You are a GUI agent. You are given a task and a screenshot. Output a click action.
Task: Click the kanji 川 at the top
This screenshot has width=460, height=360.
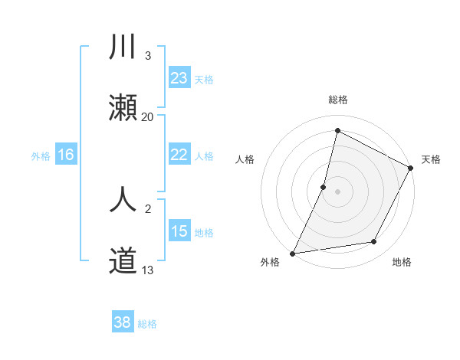tap(123, 47)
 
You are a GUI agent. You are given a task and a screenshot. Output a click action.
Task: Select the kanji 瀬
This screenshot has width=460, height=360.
tap(123, 108)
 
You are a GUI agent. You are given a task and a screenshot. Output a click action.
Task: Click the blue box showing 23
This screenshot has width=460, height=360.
tap(179, 78)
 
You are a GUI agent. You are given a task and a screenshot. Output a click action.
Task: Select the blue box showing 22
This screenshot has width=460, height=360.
tap(179, 155)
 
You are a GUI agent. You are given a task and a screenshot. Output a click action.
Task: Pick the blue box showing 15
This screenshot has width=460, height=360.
tap(179, 231)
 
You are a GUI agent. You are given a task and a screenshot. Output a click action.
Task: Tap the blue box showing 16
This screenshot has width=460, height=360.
tap(65, 155)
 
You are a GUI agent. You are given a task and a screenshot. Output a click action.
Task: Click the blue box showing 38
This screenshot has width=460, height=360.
tap(123, 322)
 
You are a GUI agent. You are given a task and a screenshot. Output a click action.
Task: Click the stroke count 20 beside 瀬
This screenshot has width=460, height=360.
tap(147, 116)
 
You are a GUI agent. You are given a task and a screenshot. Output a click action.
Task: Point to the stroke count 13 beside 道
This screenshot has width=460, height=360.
tap(147, 270)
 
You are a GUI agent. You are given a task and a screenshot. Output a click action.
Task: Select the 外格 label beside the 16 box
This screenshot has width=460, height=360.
tap(41, 155)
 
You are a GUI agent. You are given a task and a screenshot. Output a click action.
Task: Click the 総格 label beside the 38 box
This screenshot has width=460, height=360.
tap(147, 324)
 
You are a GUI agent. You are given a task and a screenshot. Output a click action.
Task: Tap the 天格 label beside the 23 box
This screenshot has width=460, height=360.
tap(203, 79)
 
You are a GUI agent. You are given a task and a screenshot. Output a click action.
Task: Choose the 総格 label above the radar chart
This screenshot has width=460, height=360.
tap(337, 100)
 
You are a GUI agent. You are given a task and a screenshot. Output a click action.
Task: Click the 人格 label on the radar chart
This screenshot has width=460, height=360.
tap(245, 159)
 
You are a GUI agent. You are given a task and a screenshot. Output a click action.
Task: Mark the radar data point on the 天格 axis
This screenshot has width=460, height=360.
tap(411, 169)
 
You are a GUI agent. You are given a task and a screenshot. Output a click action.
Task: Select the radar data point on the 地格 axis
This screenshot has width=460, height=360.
tap(374, 242)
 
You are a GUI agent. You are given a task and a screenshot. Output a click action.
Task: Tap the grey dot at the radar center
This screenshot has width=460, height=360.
tap(337, 191)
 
